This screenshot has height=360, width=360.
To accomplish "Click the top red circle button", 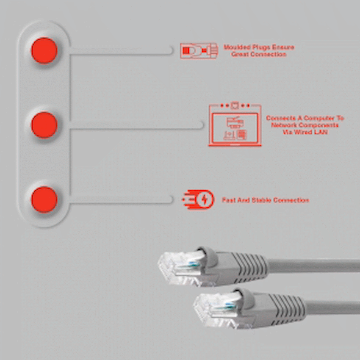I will [44, 50].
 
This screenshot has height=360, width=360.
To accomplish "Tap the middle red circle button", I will [44, 125].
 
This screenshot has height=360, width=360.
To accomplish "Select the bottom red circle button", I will [44, 199].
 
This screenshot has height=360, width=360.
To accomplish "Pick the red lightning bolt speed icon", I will [199, 200].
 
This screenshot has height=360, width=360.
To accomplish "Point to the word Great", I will [240, 55].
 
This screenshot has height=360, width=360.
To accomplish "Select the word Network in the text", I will [284, 125].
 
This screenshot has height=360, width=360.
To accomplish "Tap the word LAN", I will [321, 132].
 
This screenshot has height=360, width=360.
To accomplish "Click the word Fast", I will [228, 200].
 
